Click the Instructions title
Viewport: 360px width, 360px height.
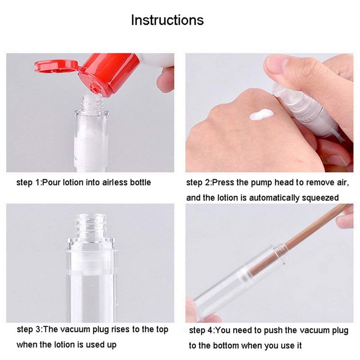(x=167, y=20)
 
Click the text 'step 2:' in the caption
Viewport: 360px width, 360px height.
(x=199, y=182)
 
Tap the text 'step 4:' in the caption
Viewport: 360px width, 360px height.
(x=201, y=331)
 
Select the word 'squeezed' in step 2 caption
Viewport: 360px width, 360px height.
(x=323, y=197)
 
